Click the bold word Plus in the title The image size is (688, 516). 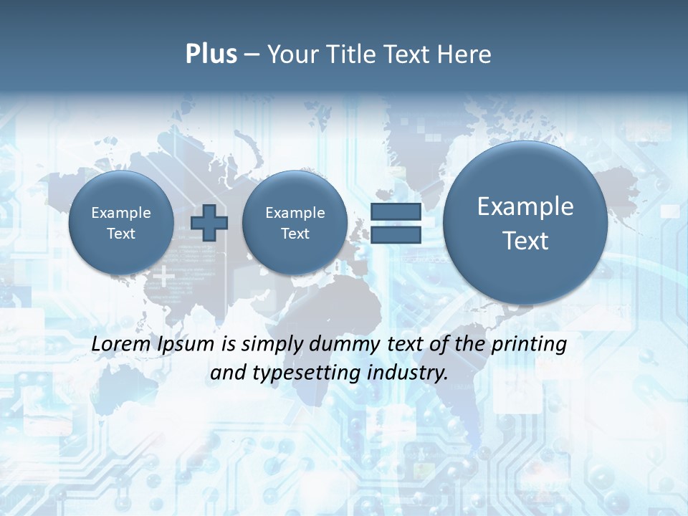coord(211,54)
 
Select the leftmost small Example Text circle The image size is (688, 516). coord(121,223)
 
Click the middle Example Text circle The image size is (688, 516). coord(295,223)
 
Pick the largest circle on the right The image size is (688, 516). coord(525,223)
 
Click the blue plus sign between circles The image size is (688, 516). coord(209,223)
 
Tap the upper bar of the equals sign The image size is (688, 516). coord(395,212)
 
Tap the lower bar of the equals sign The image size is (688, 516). coord(395,235)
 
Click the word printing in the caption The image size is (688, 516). coord(528,345)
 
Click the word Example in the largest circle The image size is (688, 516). coord(525,206)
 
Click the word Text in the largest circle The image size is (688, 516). coord(525,241)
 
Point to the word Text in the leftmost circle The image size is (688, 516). coord(121,234)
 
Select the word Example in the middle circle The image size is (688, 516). coord(295,213)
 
